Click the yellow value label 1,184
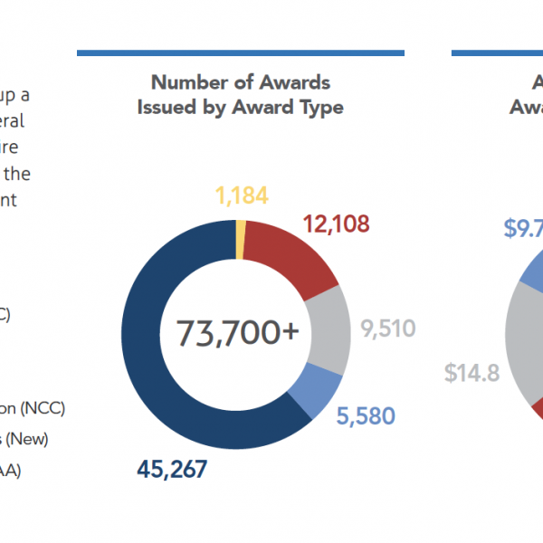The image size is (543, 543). pyautogui.click(x=242, y=196)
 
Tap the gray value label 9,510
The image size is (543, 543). pyautogui.click(x=388, y=328)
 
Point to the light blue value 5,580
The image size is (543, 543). pyautogui.click(x=366, y=416)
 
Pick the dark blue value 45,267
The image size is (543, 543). pyautogui.click(x=173, y=469)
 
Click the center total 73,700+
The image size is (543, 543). pyautogui.click(x=238, y=333)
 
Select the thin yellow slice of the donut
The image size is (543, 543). pyautogui.click(x=241, y=240)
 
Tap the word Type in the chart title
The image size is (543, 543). pyautogui.click(x=321, y=107)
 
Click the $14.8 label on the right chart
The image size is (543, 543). pyautogui.click(x=472, y=373)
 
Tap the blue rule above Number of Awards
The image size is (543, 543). pyautogui.click(x=240, y=53)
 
